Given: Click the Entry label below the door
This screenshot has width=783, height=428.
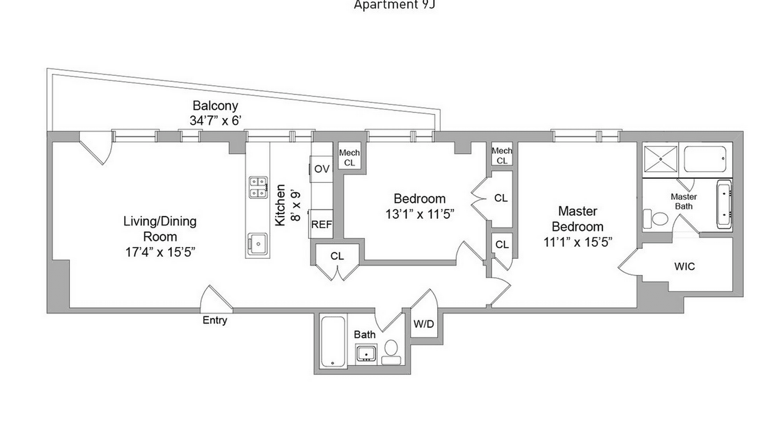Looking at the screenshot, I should [215, 320].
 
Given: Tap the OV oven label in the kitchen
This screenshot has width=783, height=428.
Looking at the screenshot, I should [321, 169].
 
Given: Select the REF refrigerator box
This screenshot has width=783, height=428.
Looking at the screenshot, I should [321, 224].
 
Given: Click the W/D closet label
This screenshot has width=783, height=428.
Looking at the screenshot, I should [423, 324].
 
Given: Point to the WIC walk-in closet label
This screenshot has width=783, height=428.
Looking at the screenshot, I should [684, 266].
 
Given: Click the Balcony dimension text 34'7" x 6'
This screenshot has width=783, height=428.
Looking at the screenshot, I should [215, 121].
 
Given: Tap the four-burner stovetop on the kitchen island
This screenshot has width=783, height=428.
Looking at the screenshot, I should [258, 187].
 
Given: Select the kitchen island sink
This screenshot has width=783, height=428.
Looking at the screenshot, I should [258, 245].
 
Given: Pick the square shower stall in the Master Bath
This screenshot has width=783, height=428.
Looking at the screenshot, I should [660, 159].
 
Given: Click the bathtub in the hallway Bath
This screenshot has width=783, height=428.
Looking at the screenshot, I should [333, 342].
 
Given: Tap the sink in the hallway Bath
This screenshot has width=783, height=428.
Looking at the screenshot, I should [366, 353].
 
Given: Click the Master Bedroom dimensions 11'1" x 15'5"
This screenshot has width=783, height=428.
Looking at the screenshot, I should [578, 242].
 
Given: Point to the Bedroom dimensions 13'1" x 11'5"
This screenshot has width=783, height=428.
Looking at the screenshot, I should [420, 214].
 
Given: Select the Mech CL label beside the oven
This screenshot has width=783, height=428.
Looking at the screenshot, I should [349, 158].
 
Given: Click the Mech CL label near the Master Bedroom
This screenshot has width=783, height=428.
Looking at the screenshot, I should [502, 156].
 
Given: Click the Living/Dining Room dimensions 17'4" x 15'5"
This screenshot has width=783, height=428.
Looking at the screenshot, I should [160, 252].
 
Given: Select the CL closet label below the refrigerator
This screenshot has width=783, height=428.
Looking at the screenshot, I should [337, 256].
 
